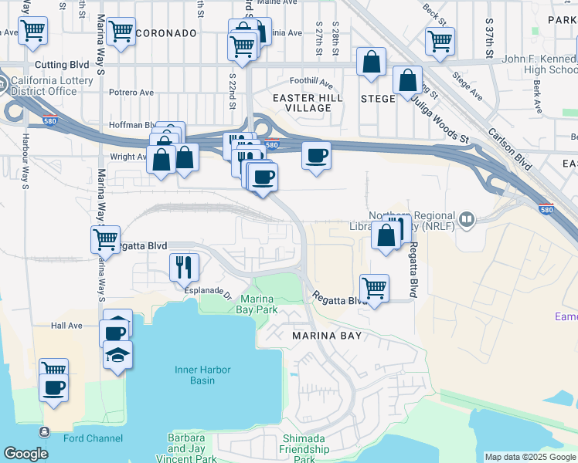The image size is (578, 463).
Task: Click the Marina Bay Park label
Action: click(259, 304)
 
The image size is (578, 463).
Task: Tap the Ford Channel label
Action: click(93, 439)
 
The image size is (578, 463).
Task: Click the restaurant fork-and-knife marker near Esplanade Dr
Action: click(184, 267)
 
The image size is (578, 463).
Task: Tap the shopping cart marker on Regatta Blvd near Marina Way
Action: click(105, 238)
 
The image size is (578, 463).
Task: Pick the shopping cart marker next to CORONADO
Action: click(121, 32)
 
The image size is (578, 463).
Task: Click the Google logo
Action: click(25, 454)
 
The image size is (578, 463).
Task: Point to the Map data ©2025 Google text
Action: click(529, 457)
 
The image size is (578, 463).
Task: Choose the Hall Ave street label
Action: click(66, 326)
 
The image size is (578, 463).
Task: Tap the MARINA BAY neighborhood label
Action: click(327, 336)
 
